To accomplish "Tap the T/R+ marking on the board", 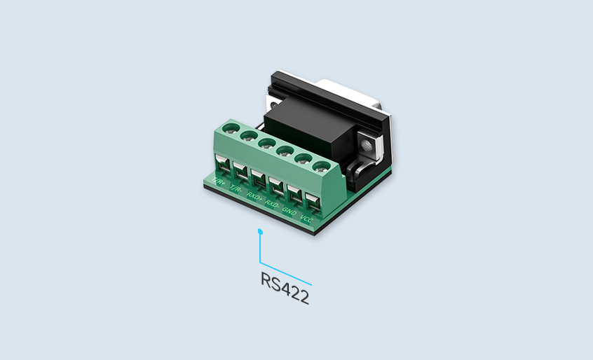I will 219,183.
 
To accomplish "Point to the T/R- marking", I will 236,190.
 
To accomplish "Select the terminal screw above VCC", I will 321,167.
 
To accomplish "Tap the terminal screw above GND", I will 304,159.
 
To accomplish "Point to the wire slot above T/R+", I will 221,167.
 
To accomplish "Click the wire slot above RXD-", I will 275,189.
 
